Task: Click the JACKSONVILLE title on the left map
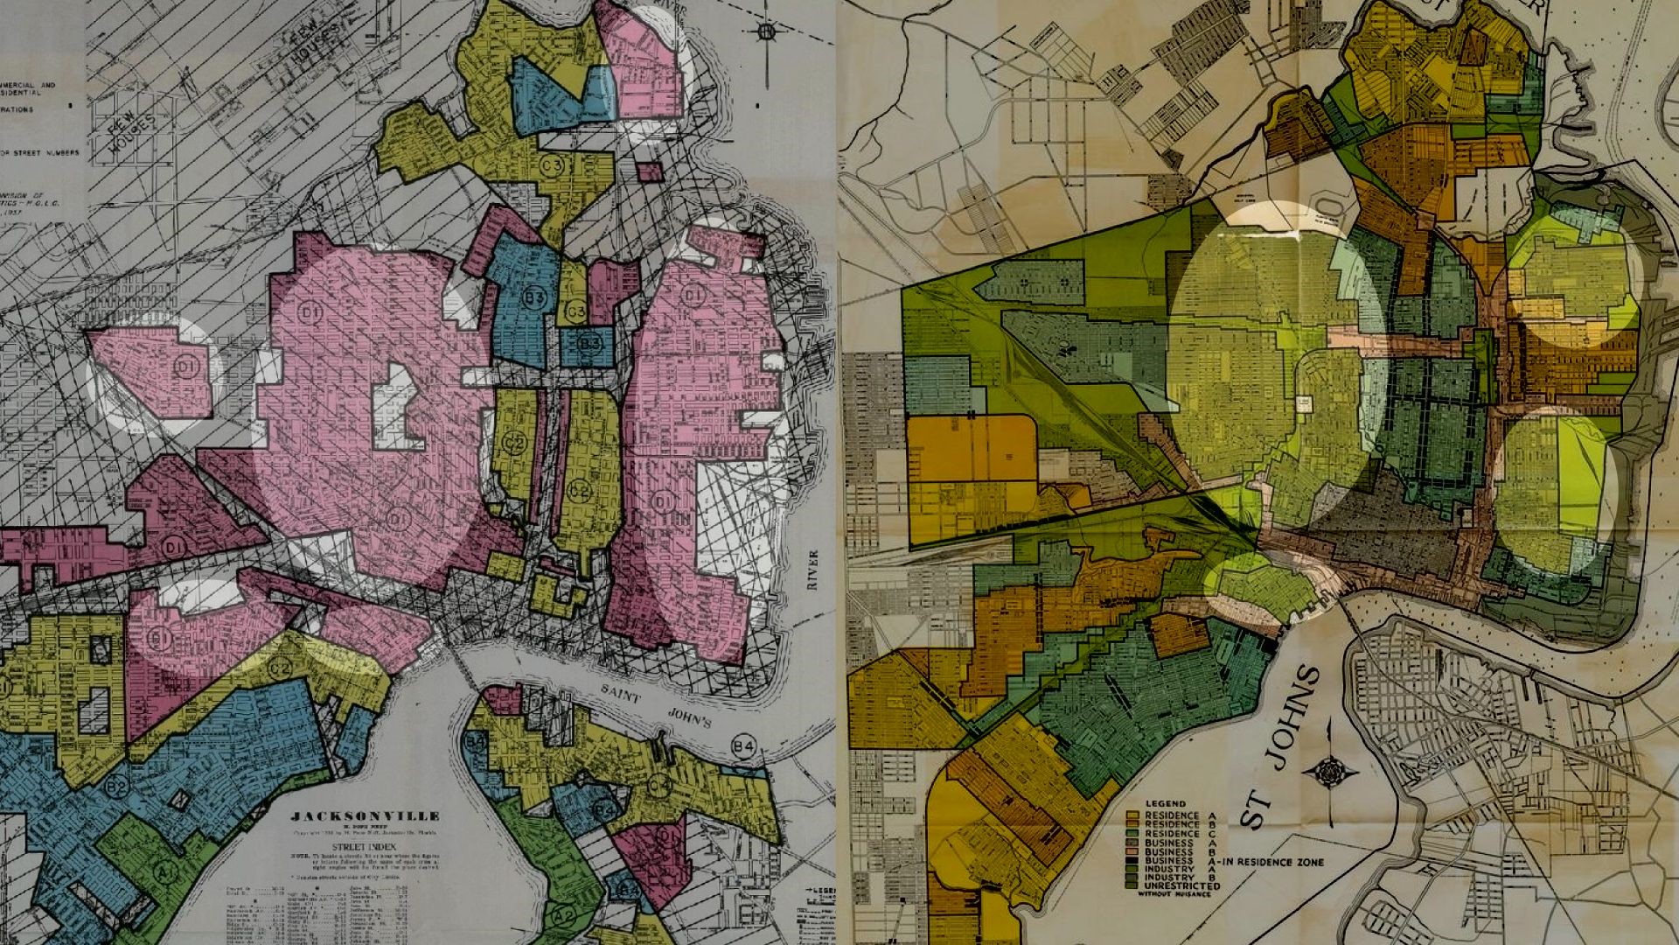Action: [366, 815]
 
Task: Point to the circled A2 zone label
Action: [566, 916]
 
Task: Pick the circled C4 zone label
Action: [659, 785]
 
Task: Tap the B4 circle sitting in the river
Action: [743, 746]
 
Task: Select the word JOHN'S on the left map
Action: [690, 717]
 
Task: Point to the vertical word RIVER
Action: [813, 569]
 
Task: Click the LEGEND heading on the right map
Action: [1166, 803]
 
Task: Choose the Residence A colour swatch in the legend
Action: [1133, 815]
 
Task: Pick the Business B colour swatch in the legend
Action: [1133, 851]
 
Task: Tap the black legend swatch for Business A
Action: [1133, 861]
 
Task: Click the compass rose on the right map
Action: [1330, 772]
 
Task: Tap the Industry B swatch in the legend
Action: [1133, 877]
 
